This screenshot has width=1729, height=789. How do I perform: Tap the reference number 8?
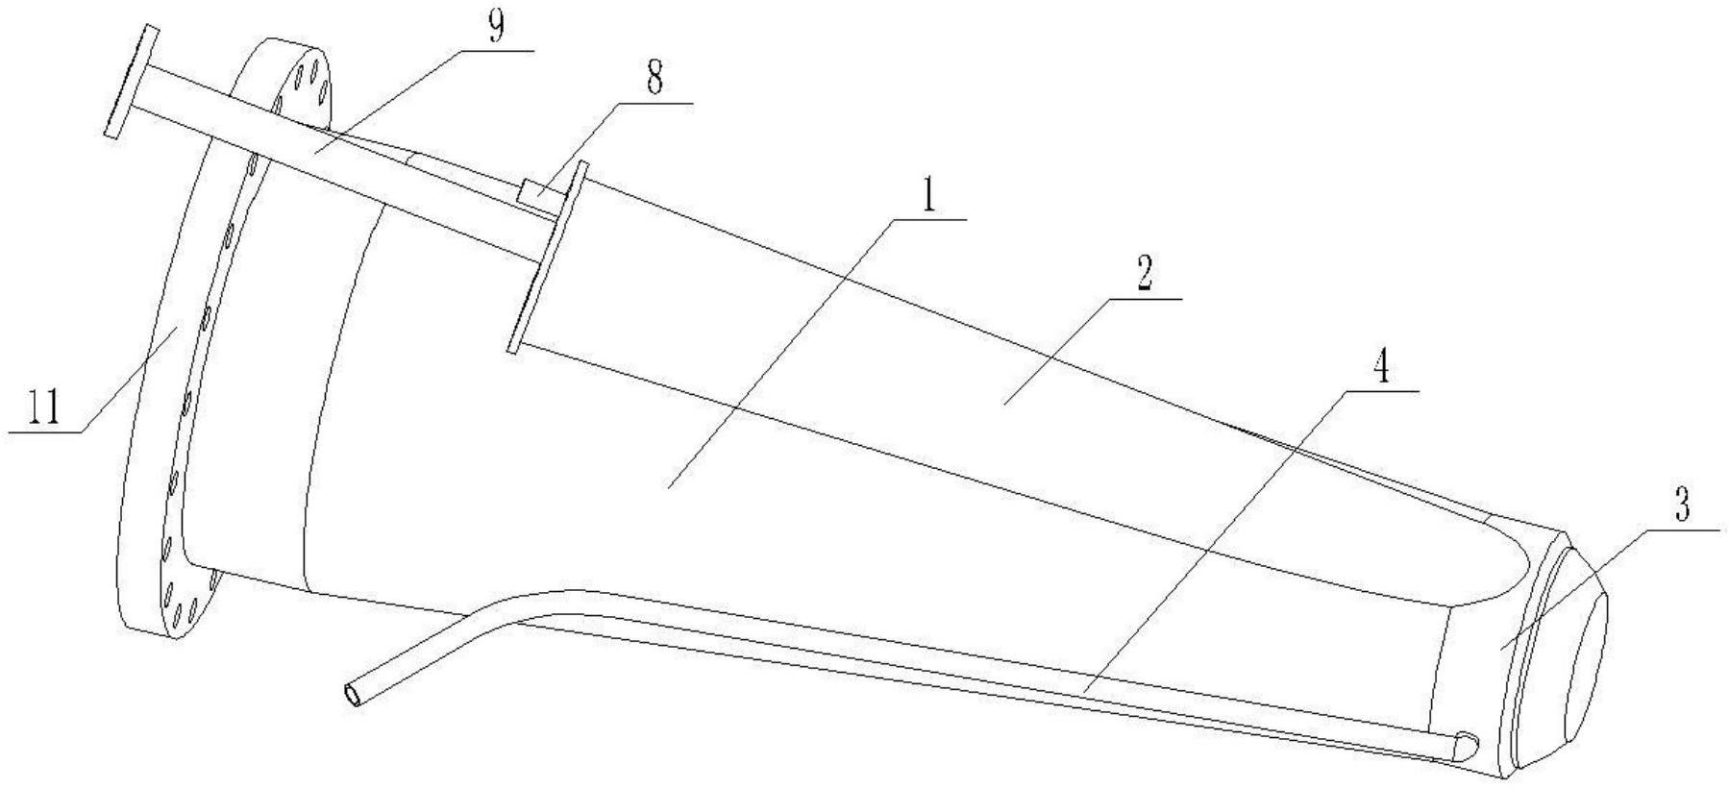coord(654,79)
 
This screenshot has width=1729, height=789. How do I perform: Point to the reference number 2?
coord(1143,277)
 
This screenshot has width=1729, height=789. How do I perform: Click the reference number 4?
coord(1381,368)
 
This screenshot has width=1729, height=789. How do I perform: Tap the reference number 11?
coord(43,409)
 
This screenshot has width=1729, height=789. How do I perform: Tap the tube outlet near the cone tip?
coord(1467,744)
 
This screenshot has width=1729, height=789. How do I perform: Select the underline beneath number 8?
coord(655,101)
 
